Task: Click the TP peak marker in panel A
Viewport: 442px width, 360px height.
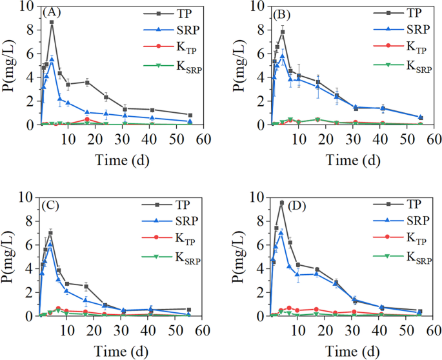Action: (x=52, y=22)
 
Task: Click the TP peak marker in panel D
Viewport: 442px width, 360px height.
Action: (x=282, y=203)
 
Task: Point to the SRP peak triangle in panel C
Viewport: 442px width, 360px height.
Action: (x=50, y=244)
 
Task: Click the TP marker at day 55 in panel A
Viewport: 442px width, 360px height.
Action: (x=189, y=115)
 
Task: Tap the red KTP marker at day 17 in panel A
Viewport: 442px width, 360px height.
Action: (x=87, y=119)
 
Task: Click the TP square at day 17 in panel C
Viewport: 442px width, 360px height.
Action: (x=86, y=286)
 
